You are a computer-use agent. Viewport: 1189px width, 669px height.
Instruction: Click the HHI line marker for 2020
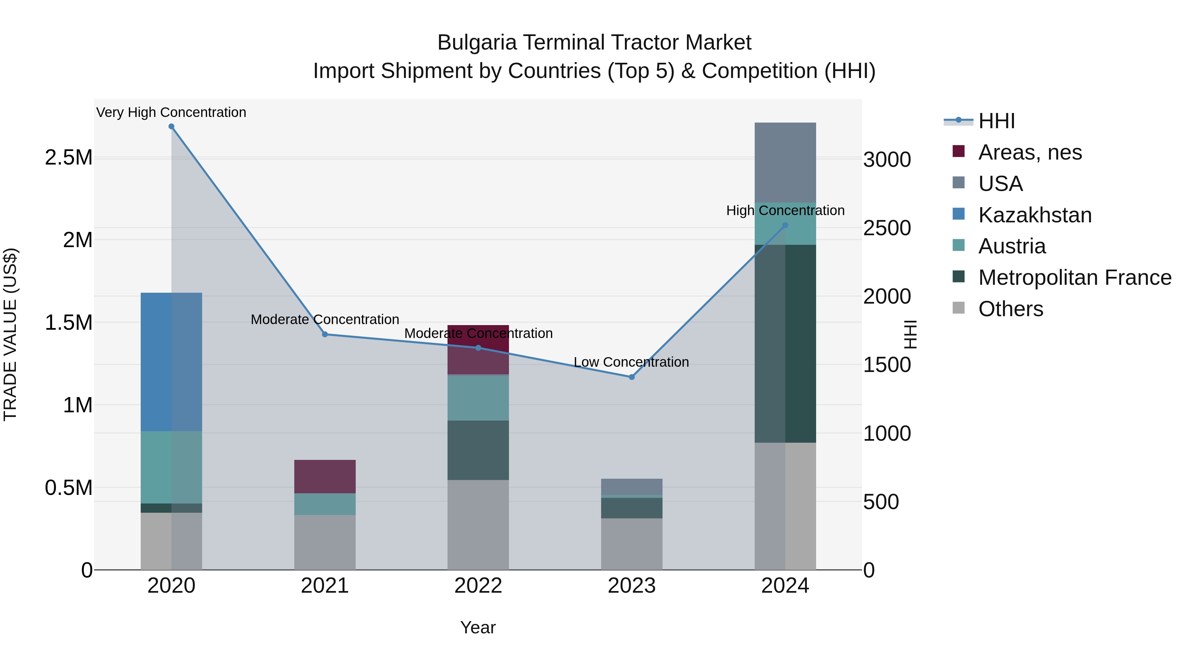[x=171, y=127]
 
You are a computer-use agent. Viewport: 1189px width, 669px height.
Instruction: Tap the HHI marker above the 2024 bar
[x=785, y=225]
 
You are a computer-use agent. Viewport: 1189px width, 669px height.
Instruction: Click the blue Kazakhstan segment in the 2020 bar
[x=171, y=362]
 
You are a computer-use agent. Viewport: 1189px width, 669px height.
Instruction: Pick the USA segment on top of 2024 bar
[x=785, y=163]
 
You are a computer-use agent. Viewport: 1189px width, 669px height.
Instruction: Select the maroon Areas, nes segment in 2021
[x=325, y=476]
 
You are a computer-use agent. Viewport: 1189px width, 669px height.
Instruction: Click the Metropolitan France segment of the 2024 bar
[x=785, y=344]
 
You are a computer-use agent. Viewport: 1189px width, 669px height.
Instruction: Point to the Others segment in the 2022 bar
[x=478, y=525]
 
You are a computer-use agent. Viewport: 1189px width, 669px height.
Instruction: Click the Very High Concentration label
[x=171, y=113]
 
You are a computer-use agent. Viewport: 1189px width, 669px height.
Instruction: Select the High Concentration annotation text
[x=785, y=210]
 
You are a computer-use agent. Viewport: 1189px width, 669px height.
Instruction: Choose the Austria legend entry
[x=1012, y=246]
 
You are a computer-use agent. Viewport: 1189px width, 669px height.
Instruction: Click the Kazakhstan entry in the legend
[x=1034, y=215]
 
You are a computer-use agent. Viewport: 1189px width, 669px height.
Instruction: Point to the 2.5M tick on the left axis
[x=68, y=158]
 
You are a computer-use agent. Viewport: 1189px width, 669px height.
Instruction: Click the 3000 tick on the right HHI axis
[x=887, y=160]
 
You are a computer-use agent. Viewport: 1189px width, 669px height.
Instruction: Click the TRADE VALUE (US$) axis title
[x=10, y=334]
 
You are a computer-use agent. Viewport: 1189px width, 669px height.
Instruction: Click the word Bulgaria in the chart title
[x=476, y=43]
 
